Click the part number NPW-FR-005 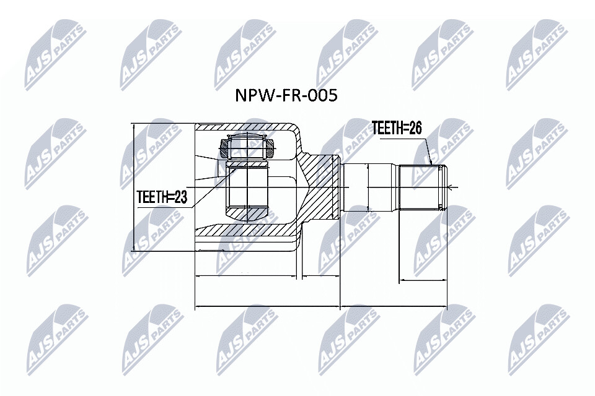286,95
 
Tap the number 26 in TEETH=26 415,129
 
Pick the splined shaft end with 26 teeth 423,187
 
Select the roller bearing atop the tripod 247,148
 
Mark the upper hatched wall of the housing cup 247,127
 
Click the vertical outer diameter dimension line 133,187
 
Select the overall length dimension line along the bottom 321,306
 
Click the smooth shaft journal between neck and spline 370,187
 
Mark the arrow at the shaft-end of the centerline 451,187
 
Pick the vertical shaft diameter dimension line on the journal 368,187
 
